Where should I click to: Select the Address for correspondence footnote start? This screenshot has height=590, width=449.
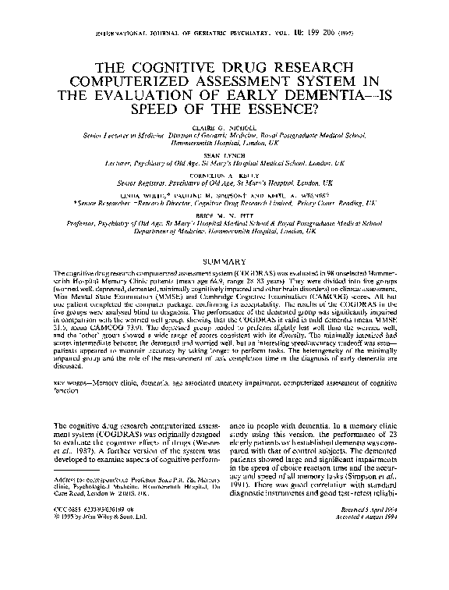(x=87, y=499)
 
